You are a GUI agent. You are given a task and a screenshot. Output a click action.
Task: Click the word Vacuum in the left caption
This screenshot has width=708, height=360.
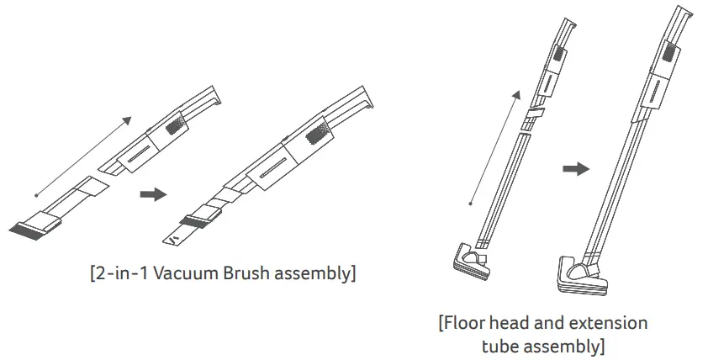177,274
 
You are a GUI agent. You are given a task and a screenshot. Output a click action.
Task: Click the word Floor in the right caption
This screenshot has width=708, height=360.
468,323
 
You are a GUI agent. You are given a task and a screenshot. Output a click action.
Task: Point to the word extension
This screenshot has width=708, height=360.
609,323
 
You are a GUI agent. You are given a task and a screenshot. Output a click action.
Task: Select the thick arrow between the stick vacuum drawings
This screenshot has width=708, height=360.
575,168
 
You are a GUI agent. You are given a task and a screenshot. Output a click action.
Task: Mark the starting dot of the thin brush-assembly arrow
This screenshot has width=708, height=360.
36,194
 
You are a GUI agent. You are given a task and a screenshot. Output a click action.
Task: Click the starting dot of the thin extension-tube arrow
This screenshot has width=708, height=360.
471,202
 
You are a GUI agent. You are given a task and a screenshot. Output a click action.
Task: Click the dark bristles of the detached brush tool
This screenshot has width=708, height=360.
28,227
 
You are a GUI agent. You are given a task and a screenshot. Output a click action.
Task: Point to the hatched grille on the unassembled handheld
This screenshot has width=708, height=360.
177,125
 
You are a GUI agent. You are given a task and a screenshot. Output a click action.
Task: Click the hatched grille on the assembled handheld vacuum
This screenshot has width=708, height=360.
320,133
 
